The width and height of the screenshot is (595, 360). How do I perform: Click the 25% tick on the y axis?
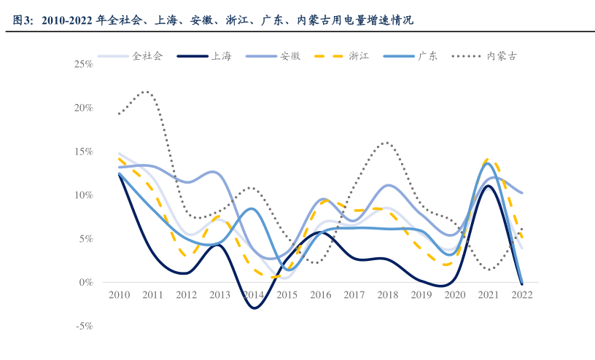click(83, 64)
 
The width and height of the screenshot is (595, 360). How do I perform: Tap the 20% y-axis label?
click(83, 108)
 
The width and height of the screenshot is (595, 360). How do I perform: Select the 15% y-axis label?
click(83, 152)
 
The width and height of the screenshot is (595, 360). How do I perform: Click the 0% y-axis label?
click(86, 282)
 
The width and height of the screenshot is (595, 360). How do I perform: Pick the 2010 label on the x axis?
click(119, 295)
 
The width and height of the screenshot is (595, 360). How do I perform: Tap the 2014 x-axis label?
click(253, 295)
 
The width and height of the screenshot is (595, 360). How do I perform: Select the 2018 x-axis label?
click(387, 295)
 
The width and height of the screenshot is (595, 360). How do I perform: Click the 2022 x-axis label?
click(521, 295)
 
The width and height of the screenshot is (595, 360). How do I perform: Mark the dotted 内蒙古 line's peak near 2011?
click(147, 92)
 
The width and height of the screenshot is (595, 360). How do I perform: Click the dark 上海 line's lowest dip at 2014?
click(254, 308)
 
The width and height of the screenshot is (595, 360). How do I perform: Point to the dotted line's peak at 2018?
click(386, 143)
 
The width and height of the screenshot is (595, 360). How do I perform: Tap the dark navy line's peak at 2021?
click(488, 186)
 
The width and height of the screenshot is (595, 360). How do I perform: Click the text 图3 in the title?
click(23, 21)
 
